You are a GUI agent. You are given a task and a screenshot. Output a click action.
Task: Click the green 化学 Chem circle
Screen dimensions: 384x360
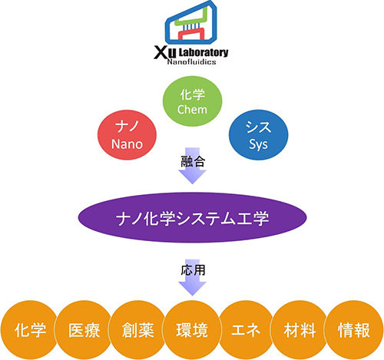(x=193, y=101)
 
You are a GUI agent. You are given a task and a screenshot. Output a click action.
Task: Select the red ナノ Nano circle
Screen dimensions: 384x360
(x=127, y=135)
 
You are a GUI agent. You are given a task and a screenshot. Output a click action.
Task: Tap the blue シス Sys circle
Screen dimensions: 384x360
(x=258, y=135)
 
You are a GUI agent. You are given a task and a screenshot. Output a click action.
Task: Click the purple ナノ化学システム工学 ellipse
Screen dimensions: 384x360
(x=192, y=217)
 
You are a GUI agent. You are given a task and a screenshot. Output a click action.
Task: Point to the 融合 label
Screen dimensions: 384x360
(x=193, y=161)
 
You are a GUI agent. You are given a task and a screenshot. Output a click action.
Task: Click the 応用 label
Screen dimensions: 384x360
(x=193, y=270)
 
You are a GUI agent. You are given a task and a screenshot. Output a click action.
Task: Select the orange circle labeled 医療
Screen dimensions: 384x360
(x=84, y=330)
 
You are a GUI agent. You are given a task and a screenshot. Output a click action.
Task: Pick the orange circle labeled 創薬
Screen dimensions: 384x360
(x=138, y=330)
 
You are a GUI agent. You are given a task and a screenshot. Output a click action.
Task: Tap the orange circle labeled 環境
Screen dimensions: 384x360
(x=192, y=330)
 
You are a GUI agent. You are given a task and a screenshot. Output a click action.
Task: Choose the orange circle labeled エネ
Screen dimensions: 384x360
(x=246, y=330)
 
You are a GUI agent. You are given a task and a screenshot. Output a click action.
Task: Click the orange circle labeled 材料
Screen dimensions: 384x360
(x=300, y=330)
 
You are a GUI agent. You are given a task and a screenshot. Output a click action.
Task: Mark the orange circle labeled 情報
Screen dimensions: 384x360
(x=354, y=330)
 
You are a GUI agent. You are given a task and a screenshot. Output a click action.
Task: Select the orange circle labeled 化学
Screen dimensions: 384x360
(x=30, y=330)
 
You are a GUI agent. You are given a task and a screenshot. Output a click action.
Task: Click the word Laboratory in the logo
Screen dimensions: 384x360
(x=204, y=52)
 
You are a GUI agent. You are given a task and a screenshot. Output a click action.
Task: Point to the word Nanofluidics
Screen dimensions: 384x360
(x=191, y=61)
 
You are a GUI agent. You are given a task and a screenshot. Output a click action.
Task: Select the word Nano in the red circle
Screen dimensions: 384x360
(x=127, y=144)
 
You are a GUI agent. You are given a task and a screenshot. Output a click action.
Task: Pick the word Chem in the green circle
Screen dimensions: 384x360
(x=192, y=110)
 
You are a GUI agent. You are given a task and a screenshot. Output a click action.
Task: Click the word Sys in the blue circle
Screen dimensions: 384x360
(x=258, y=144)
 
